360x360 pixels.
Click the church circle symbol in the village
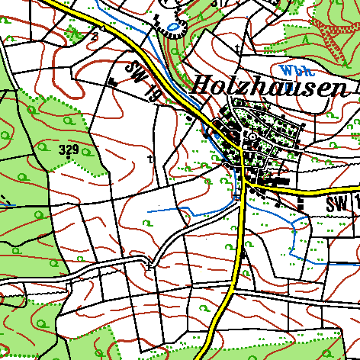point(252,136)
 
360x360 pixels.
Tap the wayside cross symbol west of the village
point(149,159)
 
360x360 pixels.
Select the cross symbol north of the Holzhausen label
point(238,50)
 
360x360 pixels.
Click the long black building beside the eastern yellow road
point(275,181)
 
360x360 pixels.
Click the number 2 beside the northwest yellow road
point(95,35)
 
